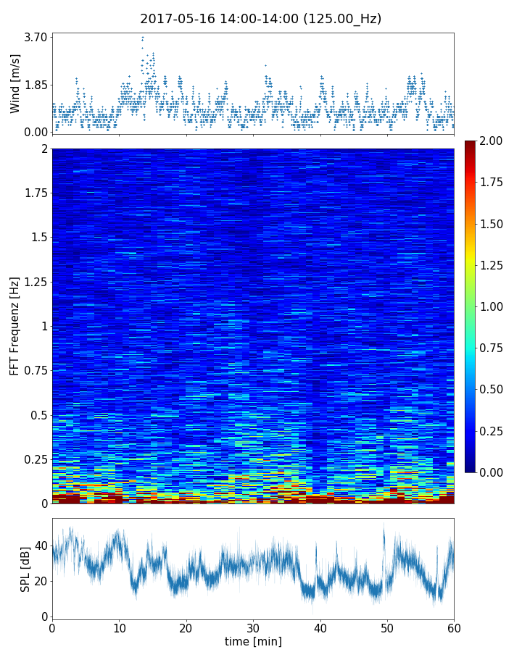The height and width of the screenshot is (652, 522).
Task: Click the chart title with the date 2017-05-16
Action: click(260, 19)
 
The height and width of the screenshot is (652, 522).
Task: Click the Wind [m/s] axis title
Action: click(15, 83)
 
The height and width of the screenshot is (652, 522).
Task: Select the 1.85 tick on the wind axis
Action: click(36, 84)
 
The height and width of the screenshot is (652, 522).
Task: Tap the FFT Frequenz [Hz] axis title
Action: click(15, 325)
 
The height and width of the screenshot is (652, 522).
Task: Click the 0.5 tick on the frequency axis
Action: click(39, 415)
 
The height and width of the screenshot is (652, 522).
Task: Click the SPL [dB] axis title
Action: click(26, 569)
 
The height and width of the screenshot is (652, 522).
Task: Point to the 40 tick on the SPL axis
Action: click(42, 546)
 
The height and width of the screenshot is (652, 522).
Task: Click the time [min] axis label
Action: click(253, 641)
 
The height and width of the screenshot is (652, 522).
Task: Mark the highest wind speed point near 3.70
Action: click(143, 37)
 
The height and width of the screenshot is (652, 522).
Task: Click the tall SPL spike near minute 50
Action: click(384, 524)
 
